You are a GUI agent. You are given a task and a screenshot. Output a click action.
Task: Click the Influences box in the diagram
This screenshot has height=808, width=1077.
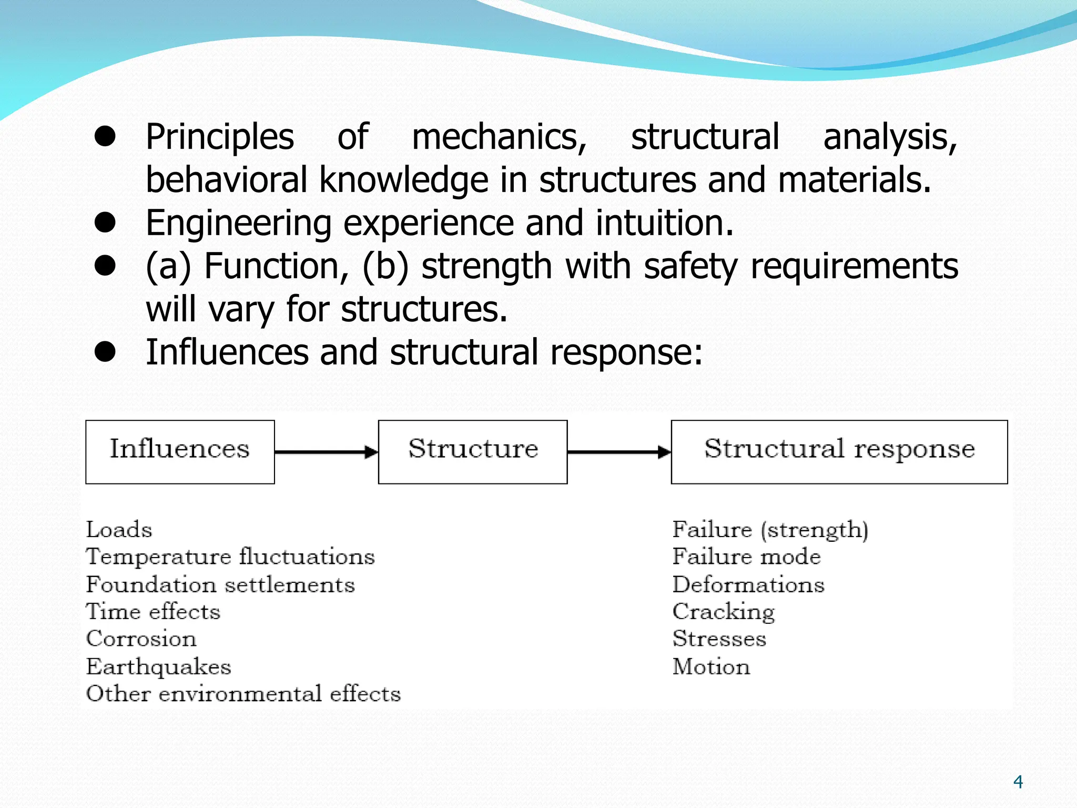click(x=180, y=451)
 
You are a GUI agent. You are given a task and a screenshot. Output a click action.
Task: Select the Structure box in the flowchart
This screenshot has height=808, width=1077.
click(x=473, y=451)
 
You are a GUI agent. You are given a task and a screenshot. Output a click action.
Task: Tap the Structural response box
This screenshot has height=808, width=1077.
click(x=839, y=451)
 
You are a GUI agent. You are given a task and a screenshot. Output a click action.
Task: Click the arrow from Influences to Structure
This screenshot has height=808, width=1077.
click(x=326, y=452)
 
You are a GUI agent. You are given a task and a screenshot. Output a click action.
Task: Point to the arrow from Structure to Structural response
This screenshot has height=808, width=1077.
click(x=619, y=452)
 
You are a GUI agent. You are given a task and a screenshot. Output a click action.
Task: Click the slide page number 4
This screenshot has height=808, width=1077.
click(x=1018, y=782)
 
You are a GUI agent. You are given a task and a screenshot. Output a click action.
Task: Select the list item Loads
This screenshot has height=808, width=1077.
click(x=119, y=529)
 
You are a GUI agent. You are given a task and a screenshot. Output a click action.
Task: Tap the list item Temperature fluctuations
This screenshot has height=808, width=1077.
click(x=230, y=557)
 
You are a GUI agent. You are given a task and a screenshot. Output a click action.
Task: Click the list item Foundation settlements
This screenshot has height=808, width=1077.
click(x=220, y=584)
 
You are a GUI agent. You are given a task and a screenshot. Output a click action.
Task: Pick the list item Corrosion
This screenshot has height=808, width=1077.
click(x=141, y=639)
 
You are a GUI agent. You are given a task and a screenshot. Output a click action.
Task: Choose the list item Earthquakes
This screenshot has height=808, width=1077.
click(x=159, y=666)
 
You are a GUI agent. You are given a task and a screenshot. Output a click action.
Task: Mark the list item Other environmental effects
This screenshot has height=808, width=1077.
click(x=243, y=694)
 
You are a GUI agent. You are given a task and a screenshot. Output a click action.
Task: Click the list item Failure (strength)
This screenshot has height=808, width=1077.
click(x=770, y=529)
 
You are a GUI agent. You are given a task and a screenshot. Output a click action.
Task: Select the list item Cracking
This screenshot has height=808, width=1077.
click(x=724, y=612)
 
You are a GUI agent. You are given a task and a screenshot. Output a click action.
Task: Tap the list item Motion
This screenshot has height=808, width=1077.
click(x=712, y=666)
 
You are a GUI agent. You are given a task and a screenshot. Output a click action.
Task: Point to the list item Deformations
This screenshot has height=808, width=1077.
click(x=748, y=584)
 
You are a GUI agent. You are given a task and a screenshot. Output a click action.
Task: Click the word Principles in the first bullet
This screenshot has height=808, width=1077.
click(x=220, y=137)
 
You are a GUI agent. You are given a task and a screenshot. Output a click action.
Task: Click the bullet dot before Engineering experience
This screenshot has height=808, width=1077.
click(x=105, y=223)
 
